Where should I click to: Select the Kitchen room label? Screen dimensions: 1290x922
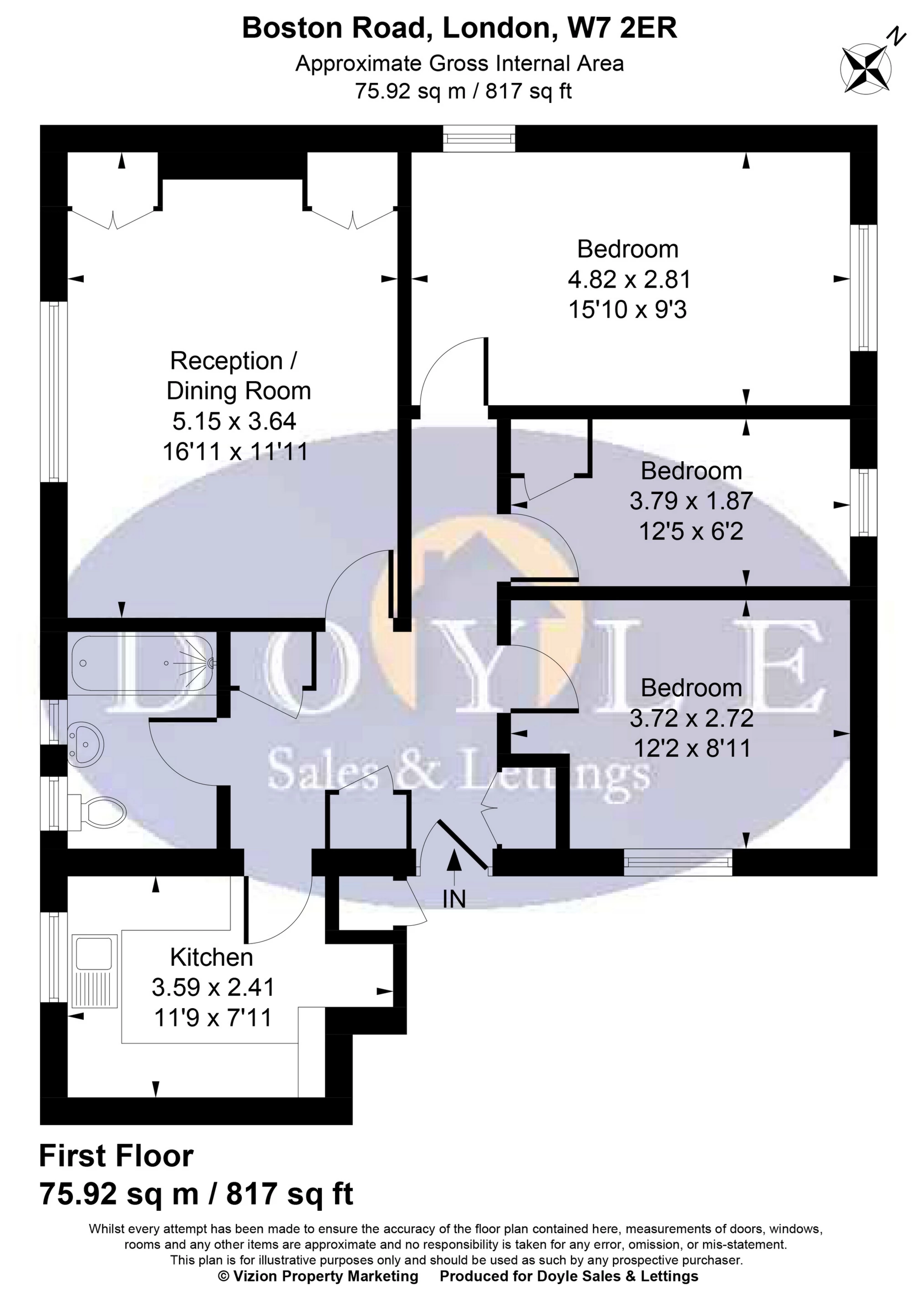tap(211, 958)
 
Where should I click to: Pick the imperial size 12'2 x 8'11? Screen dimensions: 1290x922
tap(692, 748)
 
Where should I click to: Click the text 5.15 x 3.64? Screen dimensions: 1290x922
tap(234, 421)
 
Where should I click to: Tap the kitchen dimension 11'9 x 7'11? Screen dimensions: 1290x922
tap(213, 1018)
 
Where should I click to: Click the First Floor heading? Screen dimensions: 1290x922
tap(117, 1157)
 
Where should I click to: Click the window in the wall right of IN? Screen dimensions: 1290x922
tap(678, 862)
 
